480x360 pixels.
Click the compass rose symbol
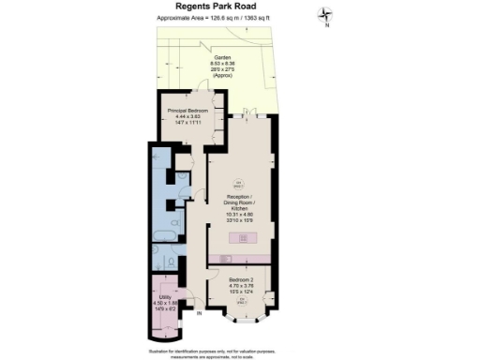324,14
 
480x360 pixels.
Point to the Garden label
221,56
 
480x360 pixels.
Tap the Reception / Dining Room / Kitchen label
240,202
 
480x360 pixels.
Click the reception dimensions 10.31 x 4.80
240,215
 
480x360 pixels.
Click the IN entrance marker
199,314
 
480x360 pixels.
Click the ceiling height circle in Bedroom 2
240,301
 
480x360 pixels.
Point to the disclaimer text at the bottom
239,352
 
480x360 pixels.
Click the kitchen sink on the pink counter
224,259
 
